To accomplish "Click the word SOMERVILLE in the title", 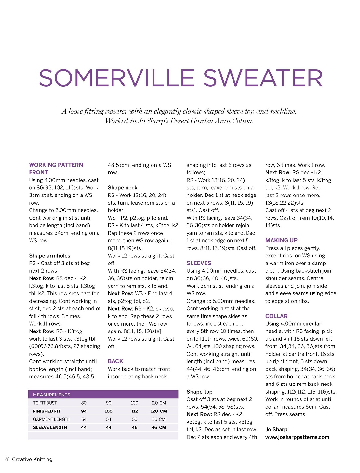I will [x=116, y=78].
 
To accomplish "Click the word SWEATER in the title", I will [x=263, y=78].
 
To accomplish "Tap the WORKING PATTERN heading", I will [x=56, y=165].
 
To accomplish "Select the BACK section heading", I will [x=115, y=361].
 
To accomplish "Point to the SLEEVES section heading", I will [x=199, y=263].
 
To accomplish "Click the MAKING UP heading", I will [x=281, y=240].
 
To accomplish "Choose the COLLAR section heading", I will [x=276, y=316].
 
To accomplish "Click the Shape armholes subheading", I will [x=49, y=256].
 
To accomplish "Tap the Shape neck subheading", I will [x=123, y=188].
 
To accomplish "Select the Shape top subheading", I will [x=199, y=392].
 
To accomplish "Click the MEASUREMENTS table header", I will [x=52, y=395].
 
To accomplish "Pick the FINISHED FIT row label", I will [x=47, y=411].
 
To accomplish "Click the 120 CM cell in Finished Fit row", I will [x=158, y=411].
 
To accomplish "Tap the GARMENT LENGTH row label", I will [x=52, y=419].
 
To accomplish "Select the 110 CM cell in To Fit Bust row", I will [x=158, y=403].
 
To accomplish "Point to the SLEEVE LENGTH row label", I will [x=50, y=427].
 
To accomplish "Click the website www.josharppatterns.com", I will [x=297, y=437].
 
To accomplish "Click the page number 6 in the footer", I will [x=7, y=459].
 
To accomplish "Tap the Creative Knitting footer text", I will [x=32, y=459].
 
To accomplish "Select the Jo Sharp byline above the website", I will [x=276, y=429].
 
